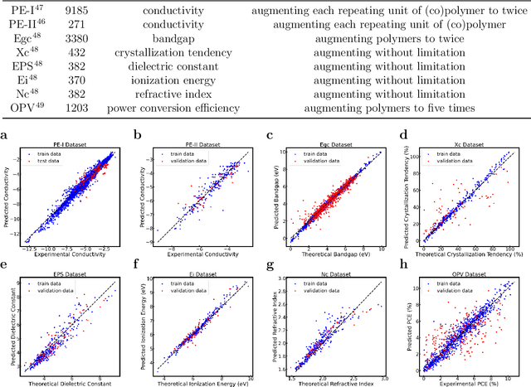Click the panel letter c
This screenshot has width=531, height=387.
click(270, 135)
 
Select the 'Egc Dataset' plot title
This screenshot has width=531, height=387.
click(337, 143)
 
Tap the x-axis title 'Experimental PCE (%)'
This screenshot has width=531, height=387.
click(471, 380)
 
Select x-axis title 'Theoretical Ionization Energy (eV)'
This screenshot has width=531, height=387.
click(207, 380)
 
